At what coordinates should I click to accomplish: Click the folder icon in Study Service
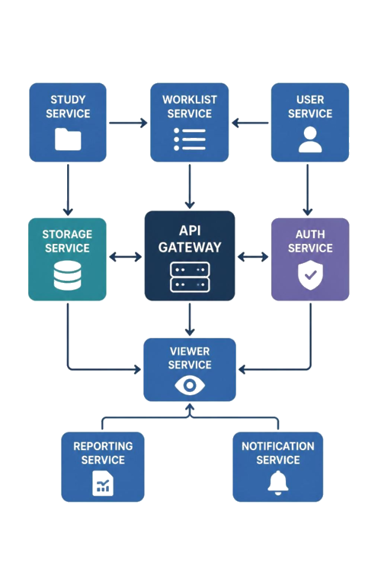pyautogui.click(x=68, y=139)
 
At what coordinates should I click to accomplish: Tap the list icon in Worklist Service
pyautogui.click(x=190, y=139)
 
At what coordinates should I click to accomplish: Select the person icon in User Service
pyautogui.click(x=310, y=140)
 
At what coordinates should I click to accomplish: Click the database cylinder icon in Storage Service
pyautogui.click(x=68, y=275)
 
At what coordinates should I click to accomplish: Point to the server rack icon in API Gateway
pyautogui.click(x=190, y=277)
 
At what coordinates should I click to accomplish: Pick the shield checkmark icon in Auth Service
pyautogui.click(x=310, y=275)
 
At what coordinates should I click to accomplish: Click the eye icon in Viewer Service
pyautogui.click(x=190, y=385)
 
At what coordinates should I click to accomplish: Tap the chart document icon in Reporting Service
pyautogui.click(x=103, y=483)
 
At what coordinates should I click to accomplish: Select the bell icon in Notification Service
pyautogui.click(x=278, y=482)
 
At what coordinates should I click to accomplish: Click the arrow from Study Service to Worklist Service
pyautogui.click(x=128, y=123)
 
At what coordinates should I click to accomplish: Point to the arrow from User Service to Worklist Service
pyautogui.click(x=250, y=123)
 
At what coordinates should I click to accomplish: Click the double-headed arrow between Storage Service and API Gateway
pyautogui.click(x=126, y=257)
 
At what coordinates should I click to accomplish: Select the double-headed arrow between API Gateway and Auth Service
pyautogui.click(x=253, y=257)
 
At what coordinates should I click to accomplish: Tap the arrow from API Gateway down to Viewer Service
pyautogui.click(x=190, y=320)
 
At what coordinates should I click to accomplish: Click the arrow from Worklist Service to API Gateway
pyautogui.click(x=190, y=186)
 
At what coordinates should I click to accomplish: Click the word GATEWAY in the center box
pyautogui.click(x=190, y=247)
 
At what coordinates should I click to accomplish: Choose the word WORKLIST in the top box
pyautogui.click(x=190, y=100)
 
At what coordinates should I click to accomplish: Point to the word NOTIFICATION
pyautogui.click(x=278, y=446)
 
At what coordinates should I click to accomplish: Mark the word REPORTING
pyautogui.click(x=103, y=446)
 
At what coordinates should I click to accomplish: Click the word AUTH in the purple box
pyautogui.click(x=310, y=234)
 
